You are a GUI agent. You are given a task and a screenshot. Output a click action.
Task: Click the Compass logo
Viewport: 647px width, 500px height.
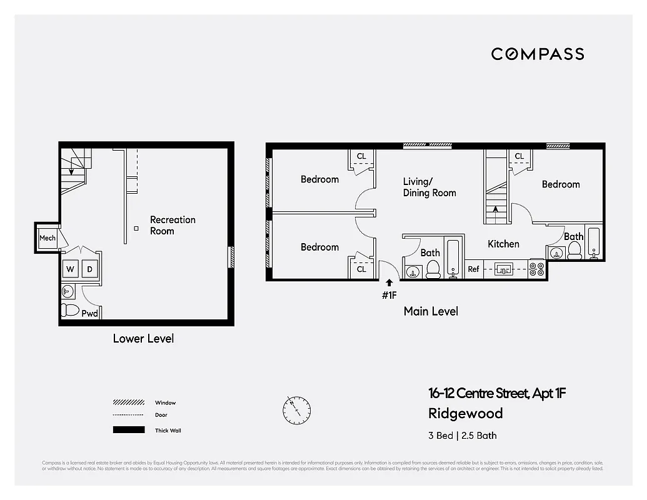click(537, 54)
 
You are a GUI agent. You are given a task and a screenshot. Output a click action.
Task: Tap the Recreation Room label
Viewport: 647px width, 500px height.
click(173, 225)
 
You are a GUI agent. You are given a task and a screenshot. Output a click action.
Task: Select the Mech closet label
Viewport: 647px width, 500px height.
click(48, 238)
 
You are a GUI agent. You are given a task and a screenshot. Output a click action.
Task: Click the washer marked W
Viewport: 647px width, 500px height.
click(70, 269)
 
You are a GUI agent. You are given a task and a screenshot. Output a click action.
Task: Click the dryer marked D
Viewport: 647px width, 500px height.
click(89, 269)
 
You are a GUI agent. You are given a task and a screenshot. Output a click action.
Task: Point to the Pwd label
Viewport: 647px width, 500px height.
click(89, 313)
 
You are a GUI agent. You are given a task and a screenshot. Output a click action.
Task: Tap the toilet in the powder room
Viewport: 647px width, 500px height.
click(70, 310)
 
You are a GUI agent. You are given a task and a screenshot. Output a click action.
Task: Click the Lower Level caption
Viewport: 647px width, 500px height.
click(143, 339)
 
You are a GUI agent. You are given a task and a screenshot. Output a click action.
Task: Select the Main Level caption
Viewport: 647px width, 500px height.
click(431, 311)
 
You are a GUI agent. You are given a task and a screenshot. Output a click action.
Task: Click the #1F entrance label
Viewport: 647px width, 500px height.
click(389, 296)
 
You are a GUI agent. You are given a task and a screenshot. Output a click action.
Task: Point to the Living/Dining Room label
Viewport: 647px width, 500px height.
click(429, 187)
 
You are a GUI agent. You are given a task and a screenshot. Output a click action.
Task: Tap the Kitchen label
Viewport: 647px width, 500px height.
click(503, 244)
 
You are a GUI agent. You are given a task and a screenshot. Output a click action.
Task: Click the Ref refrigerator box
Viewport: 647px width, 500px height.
click(474, 269)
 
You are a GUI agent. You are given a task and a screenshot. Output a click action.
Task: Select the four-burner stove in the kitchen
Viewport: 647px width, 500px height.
click(536, 269)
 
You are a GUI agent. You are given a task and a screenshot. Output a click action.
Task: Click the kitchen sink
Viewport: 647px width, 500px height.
click(504, 269)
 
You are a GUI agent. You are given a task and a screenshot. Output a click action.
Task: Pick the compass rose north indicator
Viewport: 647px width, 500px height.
click(296, 409)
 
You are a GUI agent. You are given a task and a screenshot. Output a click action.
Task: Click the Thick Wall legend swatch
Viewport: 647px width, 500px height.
click(128, 430)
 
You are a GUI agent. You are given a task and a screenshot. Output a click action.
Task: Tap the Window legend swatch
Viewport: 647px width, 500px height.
click(128, 402)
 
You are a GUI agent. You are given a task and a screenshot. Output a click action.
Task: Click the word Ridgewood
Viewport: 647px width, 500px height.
click(465, 414)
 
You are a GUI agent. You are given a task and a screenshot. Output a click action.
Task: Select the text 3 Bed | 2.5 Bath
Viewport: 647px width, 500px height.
click(462, 436)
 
